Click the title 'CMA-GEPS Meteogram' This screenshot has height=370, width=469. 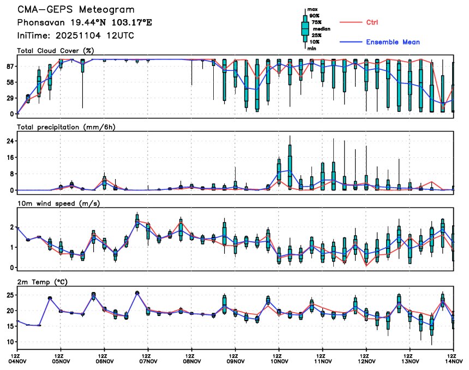click(76, 10)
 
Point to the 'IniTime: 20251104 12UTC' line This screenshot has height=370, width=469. click(76, 35)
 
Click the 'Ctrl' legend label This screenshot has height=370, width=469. click(372, 22)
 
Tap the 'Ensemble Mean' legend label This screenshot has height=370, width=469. click(393, 42)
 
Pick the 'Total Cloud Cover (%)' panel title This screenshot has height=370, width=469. click(55, 51)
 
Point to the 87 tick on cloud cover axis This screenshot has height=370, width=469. click(9, 66)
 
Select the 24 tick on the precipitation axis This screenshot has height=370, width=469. click(9, 141)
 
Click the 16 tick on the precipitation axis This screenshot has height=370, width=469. click(9, 157)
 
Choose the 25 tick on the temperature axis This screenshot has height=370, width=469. click(9, 295)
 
